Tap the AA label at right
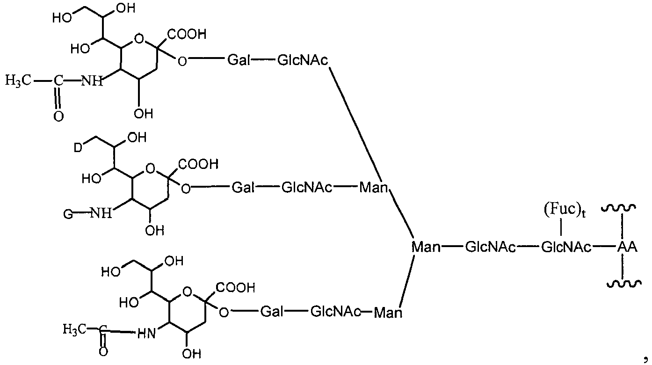(627, 247)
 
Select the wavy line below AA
(624, 283)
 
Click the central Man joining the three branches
(426, 247)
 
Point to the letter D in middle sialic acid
(78, 147)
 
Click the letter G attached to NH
(68, 215)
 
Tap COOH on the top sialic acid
(187, 34)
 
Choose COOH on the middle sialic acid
(198, 164)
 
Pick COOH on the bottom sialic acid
(235, 287)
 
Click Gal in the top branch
(239, 60)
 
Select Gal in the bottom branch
(272, 311)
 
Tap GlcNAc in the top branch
(303, 60)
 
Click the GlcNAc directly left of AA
(566, 247)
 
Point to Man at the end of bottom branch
(388, 312)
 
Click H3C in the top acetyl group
(18, 80)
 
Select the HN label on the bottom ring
(146, 333)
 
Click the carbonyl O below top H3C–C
(58, 116)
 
